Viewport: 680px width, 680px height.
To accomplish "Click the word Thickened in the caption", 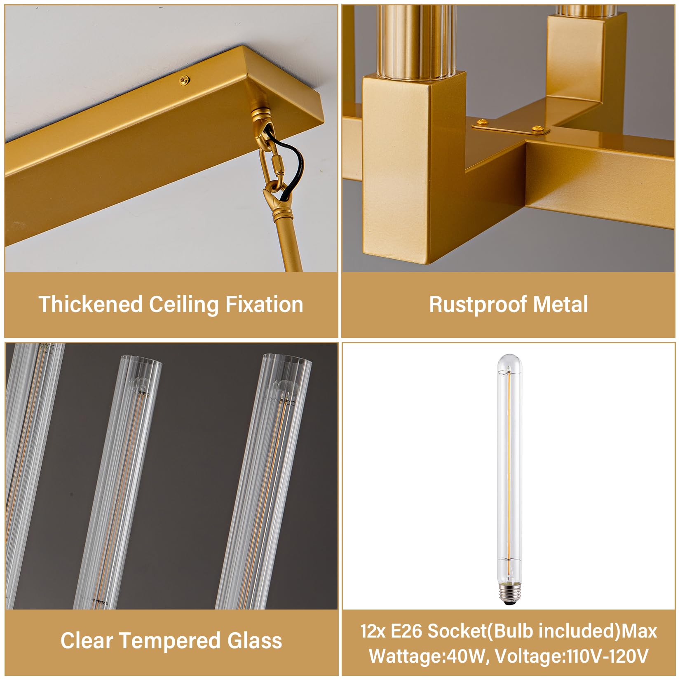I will point(90,305).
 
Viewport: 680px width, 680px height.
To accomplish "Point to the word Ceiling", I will point(183,305).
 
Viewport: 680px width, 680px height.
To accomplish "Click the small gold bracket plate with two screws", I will point(510,128).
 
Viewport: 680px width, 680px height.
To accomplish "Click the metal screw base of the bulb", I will point(509,592).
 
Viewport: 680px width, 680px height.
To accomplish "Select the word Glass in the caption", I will point(255,641).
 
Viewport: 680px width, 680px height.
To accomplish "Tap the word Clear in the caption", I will point(86,641).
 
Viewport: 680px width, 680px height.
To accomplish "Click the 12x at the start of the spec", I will point(373,631).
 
